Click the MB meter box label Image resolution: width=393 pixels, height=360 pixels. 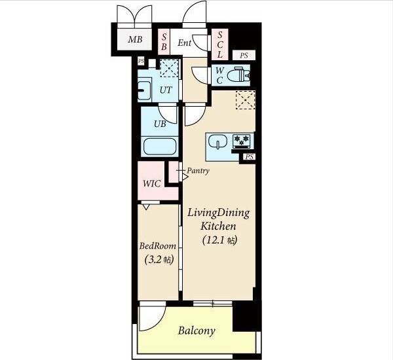[x=135, y=39]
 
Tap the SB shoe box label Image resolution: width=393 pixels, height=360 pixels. [x=164, y=42]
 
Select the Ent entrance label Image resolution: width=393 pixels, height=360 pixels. [x=184, y=43]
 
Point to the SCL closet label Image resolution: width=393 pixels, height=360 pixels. [x=220, y=45]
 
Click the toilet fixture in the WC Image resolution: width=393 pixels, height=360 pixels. [x=238, y=75]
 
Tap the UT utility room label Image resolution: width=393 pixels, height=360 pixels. [x=166, y=90]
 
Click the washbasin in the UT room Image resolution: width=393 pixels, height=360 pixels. [x=144, y=90]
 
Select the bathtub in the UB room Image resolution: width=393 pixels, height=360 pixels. [x=159, y=147]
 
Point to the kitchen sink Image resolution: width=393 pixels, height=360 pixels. [x=217, y=142]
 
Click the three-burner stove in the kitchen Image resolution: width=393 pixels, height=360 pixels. [x=241, y=140]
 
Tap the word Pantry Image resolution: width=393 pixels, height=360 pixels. [x=198, y=171]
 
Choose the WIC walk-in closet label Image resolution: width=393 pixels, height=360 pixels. [x=152, y=184]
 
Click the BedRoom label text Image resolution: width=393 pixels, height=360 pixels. [x=158, y=246]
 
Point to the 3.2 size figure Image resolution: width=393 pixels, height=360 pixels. [x=154, y=260]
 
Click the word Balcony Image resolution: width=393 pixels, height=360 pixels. [x=196, y=331]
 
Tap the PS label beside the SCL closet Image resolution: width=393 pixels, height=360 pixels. [x=244, y=56]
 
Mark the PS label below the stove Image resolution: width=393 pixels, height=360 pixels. [x=249, y=157]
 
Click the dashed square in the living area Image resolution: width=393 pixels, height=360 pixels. [x=246, y=100]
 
